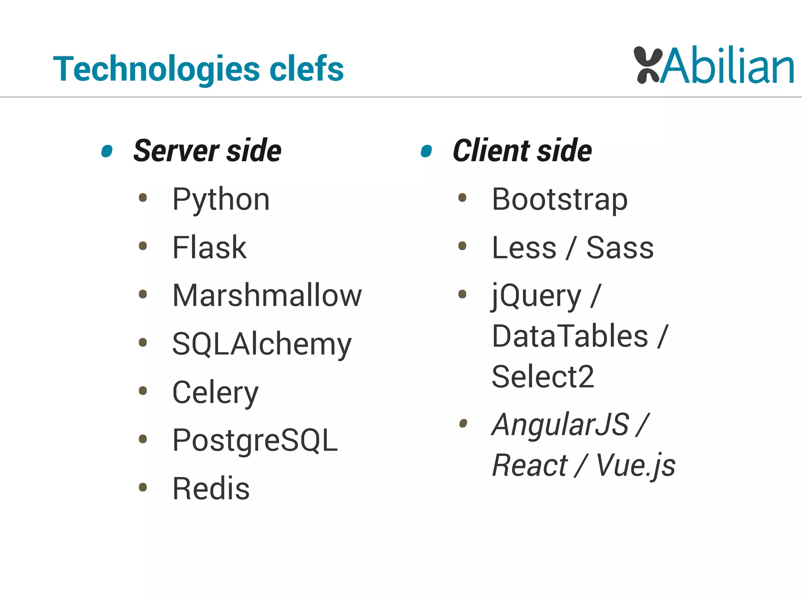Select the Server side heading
coord(207,151)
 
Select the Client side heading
coord(522,151)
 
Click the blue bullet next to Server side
coord(107,151)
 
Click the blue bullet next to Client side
coord(426,151)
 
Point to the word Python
coord(221,200)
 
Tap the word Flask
coord(210,248)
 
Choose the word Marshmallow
coord(267,295)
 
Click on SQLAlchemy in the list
coord(262,344)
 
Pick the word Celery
coord(215,392)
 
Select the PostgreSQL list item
coord(255,441)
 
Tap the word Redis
coord(211,489)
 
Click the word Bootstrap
coord(560,200)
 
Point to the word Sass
coord(620,248)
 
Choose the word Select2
coord(543,376)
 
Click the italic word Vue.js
coord(636,466)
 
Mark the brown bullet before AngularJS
coord(463,423)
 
